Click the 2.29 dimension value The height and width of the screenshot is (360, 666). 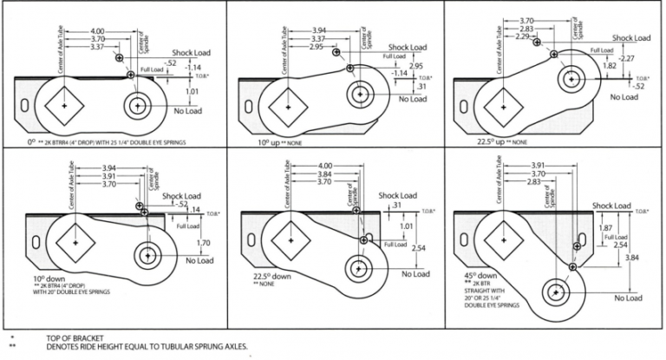coord(520,36)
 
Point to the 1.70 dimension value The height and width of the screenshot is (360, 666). coord(204,243)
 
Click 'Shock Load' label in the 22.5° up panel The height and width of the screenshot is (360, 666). coord(631,38)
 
